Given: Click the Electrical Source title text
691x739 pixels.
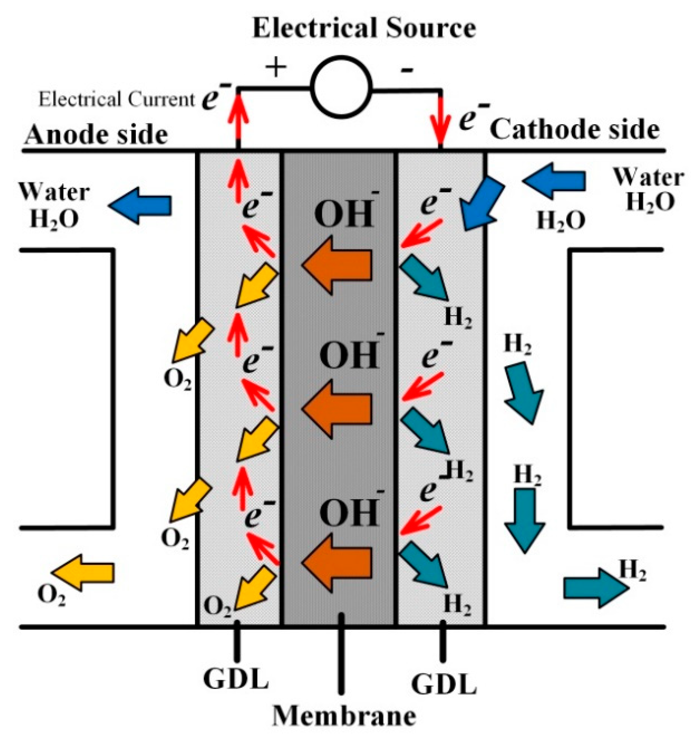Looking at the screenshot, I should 364,28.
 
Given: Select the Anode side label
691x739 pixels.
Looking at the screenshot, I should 96,136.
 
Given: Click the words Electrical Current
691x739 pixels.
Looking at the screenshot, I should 116,100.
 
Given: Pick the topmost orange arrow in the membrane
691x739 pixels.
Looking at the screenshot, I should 336,265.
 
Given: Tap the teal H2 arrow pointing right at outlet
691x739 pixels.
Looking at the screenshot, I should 595,588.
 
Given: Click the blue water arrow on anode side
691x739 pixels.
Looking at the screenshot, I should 141,206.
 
